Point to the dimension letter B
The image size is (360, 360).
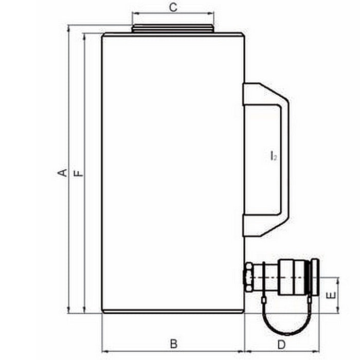point(173,343)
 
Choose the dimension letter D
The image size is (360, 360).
point(281,343)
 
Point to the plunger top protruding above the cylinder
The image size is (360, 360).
point(172,29)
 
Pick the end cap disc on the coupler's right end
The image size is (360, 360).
point(315,278)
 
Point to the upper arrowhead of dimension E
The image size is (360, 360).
point(338,280)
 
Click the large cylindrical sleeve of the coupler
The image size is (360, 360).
point(291,278)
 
